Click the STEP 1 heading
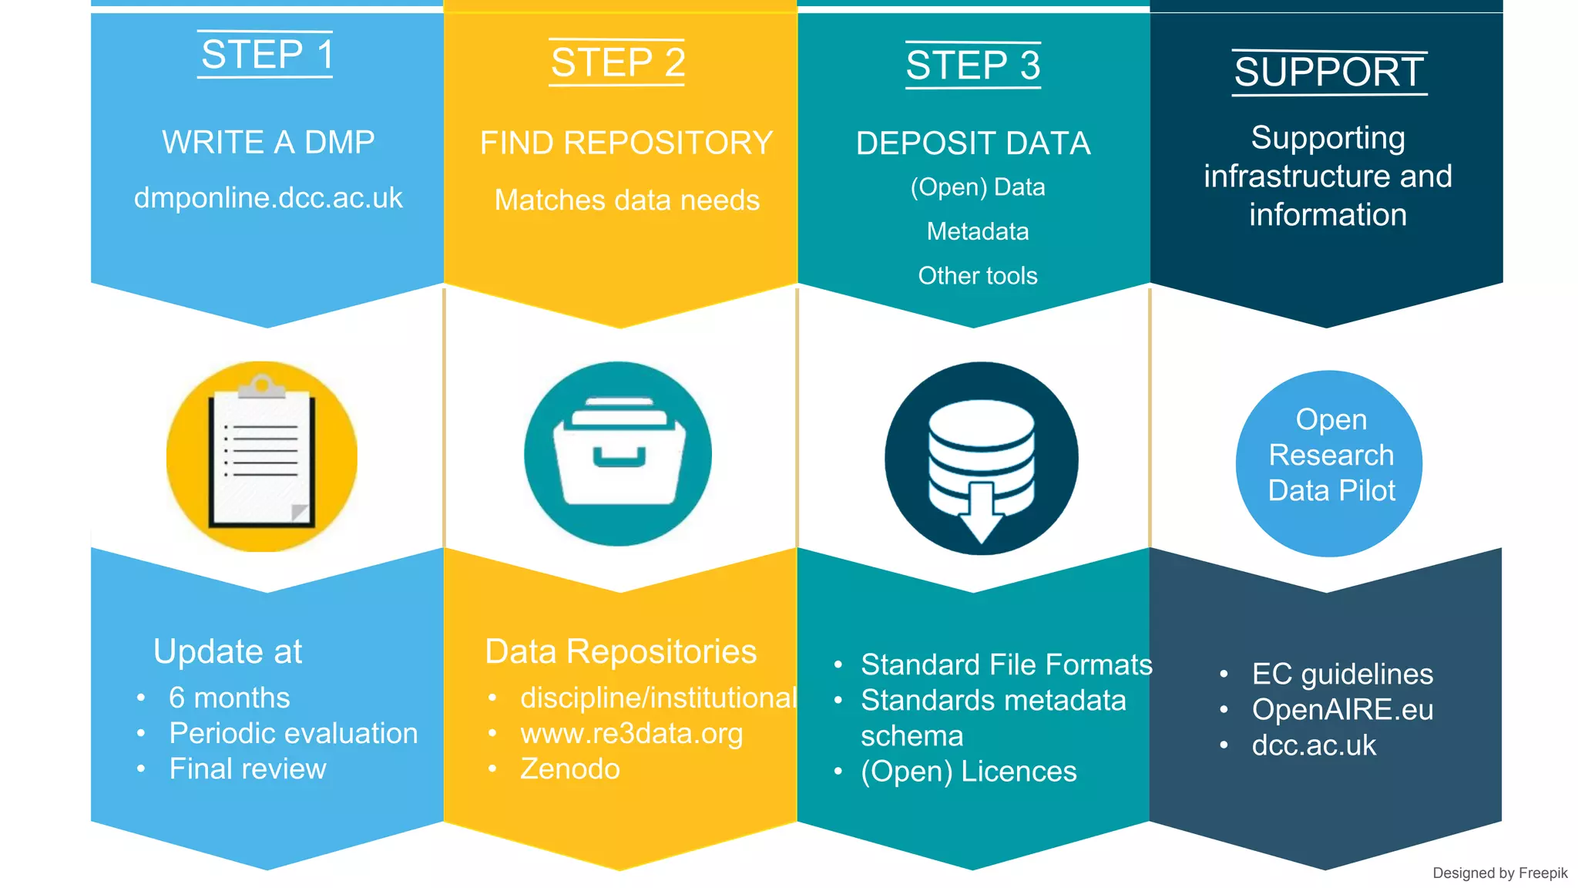coord(267,55)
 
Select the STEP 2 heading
coord(618,62)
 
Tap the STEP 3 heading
coord(973,65)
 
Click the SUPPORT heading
coord(1329,72)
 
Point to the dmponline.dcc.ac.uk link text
coord(268,198)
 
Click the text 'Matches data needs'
coord(626,200)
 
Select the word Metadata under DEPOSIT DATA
coord(977,231)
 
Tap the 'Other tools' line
coord(977,275)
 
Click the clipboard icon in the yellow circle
coord(262,456)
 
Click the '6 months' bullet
coord(229,698)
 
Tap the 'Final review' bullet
coord(247,769)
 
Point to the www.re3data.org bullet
coord(631,733)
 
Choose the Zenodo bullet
coord(569,769)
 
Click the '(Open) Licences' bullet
coord(968,771)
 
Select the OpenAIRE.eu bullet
coord(1341,709)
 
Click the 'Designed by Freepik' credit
coord(1499,873)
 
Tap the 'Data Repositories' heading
coord(620,651)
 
